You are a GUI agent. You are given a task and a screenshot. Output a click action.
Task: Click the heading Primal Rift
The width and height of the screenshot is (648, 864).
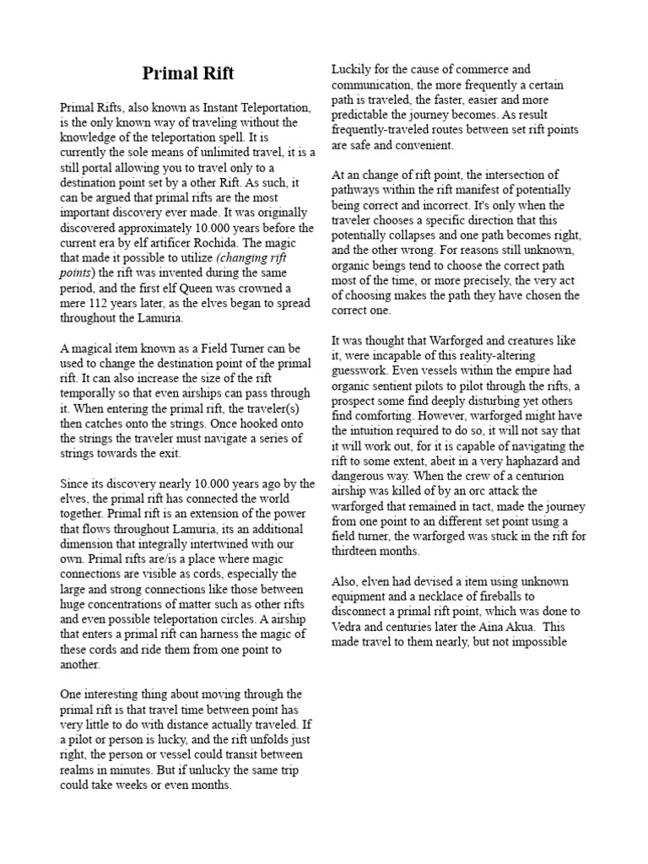tap(188, 73)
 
